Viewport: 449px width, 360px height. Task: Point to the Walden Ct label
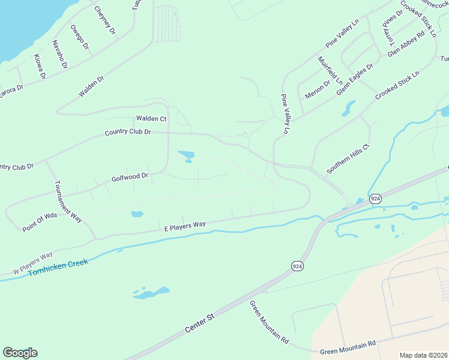[x=151, y=119]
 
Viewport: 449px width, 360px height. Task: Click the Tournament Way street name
[x=67, y=201]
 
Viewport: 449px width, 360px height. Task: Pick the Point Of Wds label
[x=40, y=223]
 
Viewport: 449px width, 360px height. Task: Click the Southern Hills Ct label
[x=348, y=159]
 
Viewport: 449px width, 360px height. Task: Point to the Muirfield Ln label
[x=330, y=71]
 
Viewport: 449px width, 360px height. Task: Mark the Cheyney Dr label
[x=105, y=20]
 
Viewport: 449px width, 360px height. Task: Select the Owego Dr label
[x=79, y=37]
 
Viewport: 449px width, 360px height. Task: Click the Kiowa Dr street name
[x=40, y=67]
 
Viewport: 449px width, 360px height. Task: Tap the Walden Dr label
[x=91, y=86]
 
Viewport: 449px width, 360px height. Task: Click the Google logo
[x=20, y=353]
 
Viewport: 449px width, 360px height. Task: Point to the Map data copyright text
[x=423, y=355]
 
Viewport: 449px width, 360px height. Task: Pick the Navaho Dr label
[x=59, y=55]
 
